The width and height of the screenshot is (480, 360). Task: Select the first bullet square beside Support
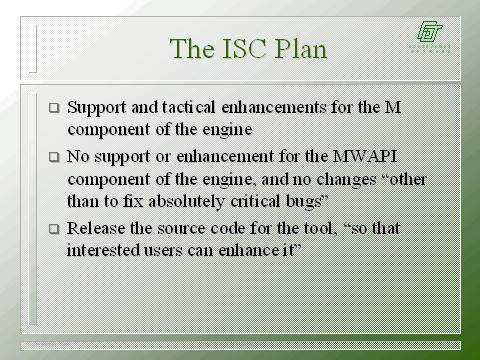coord(54,105)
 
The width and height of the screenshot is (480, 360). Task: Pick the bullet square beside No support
coord(54,157)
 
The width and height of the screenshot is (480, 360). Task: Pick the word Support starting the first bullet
coord(99,105)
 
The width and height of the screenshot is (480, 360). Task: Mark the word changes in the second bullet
coord(367,179)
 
